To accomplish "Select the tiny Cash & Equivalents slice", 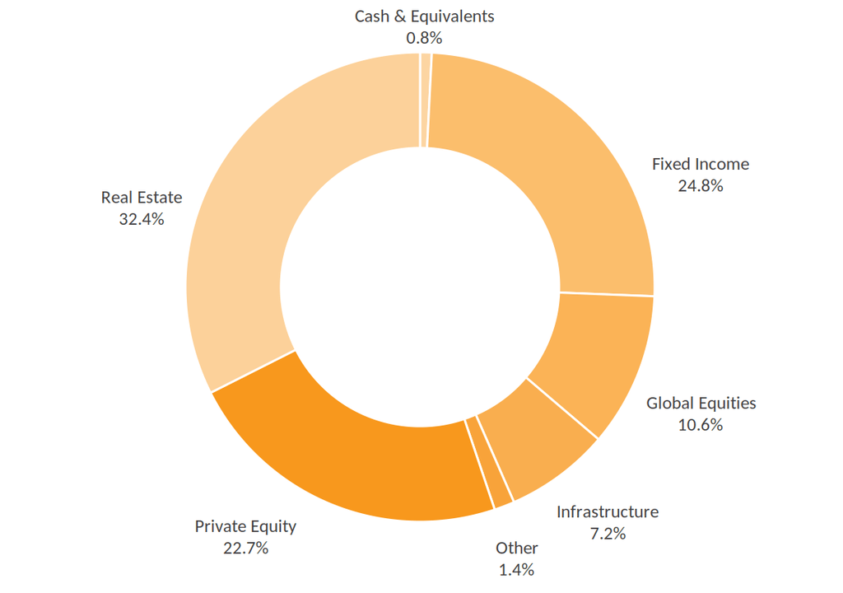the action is click(x=426, y=100).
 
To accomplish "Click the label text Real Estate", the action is click(x=142, y=198).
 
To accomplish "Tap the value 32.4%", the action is click(x=142, y=219).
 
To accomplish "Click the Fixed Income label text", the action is click(x=701, y=164).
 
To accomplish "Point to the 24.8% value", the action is click(x=701, y=185).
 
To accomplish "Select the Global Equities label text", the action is click(x=701, y=403).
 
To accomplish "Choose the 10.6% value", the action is click(x=701, y=425).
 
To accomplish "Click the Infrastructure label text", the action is click(x=608, y=511).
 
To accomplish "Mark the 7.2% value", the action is click(x=608, y=534).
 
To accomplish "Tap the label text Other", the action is click(x=517, y=548).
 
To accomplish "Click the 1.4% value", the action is click(x=517, y=570).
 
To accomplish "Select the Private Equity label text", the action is click(x=245, y=526).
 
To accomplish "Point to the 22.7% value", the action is click(x=245, y=549).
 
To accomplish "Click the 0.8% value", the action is click(x=424, y=38).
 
